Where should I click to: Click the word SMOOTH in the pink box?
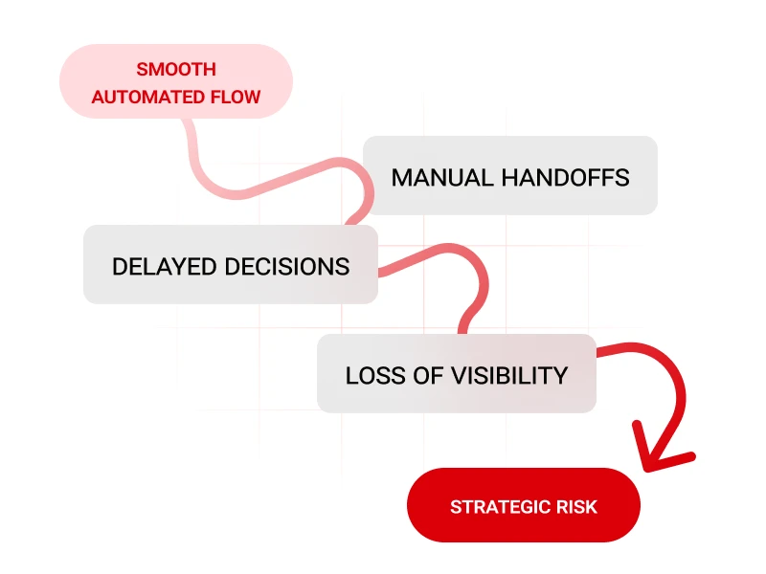[x=176, y=70]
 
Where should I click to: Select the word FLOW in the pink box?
[x=237, y=97]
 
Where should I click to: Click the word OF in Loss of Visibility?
[x=430, y=375]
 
